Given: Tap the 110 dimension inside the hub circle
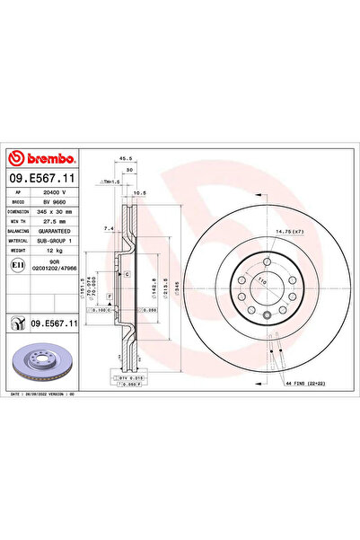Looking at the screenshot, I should (x=263, y=281).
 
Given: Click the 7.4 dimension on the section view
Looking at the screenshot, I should (x=108, y=228).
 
